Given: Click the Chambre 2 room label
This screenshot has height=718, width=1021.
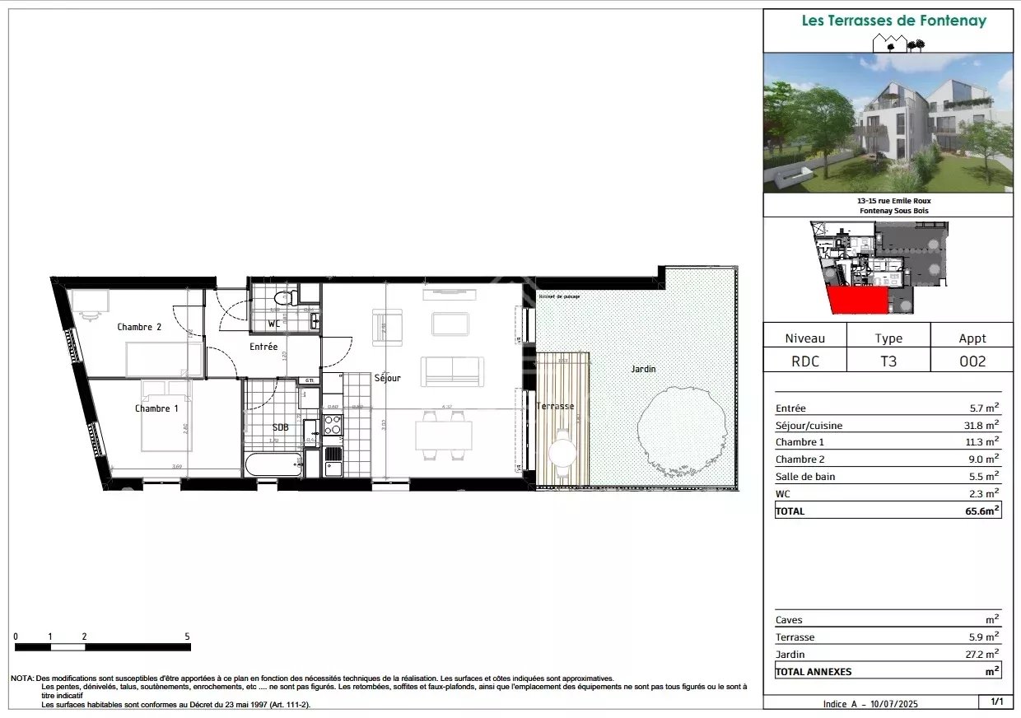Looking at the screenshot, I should [139, 327].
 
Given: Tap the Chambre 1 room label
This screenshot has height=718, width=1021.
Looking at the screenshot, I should [156, 408].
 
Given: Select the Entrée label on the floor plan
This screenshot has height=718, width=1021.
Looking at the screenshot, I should [263, 347].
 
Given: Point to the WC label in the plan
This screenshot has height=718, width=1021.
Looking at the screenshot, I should [273, 324].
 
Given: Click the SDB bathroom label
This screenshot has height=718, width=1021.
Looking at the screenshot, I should [280, 427].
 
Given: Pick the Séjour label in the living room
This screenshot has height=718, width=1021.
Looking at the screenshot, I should [387, 378].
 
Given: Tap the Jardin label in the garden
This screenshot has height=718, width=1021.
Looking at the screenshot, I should [643, 369].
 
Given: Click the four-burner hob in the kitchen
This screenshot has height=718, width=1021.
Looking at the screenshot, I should [333, 425].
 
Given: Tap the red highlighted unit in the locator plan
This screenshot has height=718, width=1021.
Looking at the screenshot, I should [856, 301].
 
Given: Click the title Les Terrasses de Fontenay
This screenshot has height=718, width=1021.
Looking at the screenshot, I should [893, 21].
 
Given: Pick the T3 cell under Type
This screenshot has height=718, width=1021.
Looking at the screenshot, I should [888, 361].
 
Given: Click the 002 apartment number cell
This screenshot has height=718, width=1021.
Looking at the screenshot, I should [972, 361].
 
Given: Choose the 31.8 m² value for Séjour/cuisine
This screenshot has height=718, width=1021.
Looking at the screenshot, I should [983, 426].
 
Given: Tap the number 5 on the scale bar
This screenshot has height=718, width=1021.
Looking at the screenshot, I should [188, 636].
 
